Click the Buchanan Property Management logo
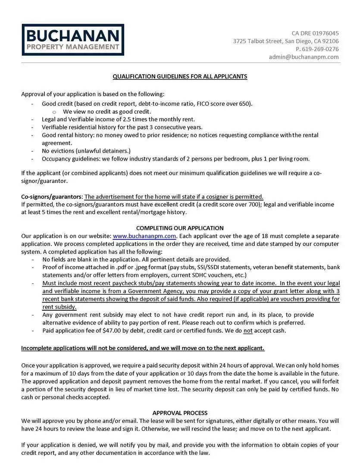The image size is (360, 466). point(73,40)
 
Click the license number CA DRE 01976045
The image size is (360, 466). point(315,33)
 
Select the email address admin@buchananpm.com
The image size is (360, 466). point(304,57)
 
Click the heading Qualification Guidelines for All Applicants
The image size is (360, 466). point(180,76)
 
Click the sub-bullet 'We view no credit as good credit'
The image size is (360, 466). point(108,111)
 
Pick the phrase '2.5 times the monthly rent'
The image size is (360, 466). point(157,119)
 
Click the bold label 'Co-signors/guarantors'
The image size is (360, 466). point(52,196)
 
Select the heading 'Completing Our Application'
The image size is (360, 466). point(180,228)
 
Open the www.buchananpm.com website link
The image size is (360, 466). point(144,236)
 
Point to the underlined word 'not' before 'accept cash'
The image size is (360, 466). point(248,331)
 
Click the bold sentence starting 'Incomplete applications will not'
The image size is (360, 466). point(143,348)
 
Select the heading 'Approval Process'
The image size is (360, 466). point(180,413)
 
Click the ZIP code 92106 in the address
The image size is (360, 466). point(330,41)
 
